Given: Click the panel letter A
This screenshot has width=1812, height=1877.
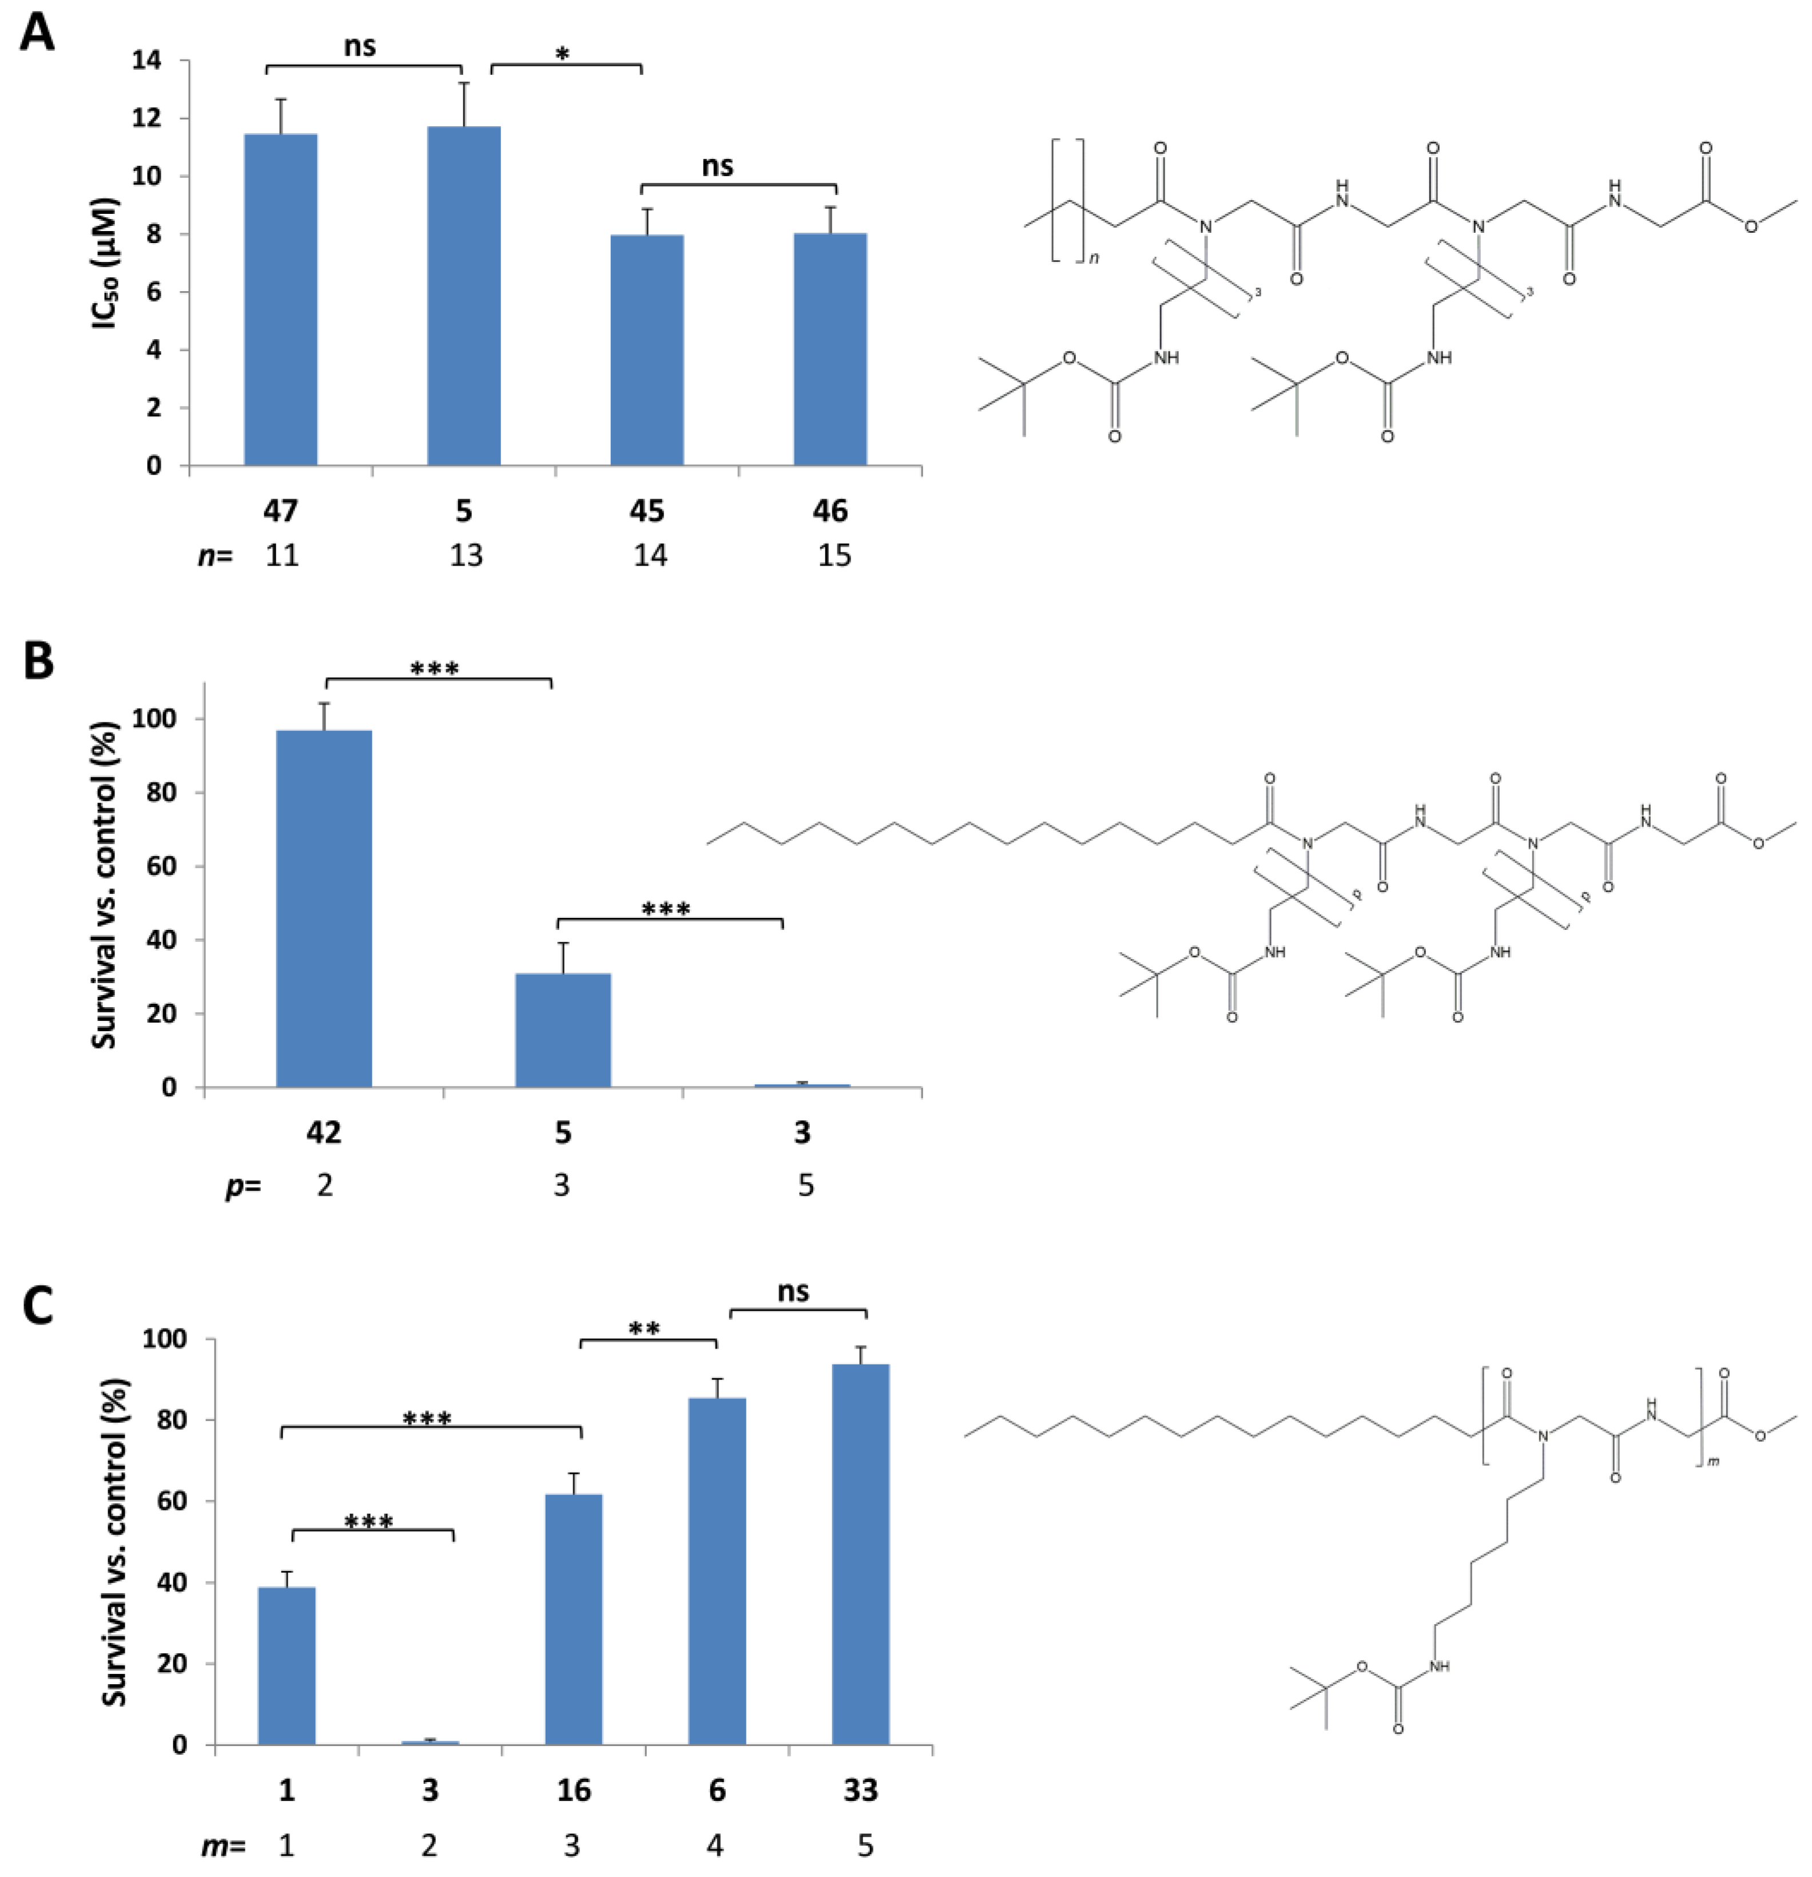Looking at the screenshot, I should coord(37,34).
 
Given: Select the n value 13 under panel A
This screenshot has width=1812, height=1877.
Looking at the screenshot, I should coord(466,555).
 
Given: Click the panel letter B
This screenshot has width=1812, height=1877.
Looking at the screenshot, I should coord(38,661).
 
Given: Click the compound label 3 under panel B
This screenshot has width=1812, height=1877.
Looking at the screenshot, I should coord(802,1133).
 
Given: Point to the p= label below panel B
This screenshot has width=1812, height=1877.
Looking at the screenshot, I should coord(243,1186).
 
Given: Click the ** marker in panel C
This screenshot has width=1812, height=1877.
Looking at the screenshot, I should coord(645,1329).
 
